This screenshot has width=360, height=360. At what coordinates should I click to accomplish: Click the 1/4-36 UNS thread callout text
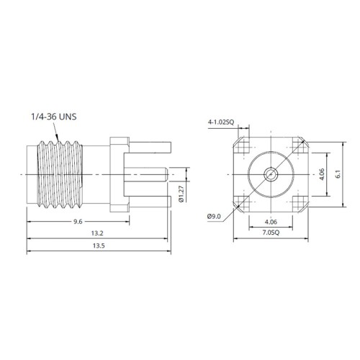54,117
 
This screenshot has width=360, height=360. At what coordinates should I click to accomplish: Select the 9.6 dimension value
78,222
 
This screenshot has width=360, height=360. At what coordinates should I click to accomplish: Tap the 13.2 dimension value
97,233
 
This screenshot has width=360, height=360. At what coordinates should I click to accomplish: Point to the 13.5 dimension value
99,246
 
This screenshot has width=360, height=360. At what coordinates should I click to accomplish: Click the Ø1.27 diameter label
181,194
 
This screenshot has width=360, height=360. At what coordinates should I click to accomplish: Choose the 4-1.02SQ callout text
220,122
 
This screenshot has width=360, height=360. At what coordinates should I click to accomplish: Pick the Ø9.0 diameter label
214,217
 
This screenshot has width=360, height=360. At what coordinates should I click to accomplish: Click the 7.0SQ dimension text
271,233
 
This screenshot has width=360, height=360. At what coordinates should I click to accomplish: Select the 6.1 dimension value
338,174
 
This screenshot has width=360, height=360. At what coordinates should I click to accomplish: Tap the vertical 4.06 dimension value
322,174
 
